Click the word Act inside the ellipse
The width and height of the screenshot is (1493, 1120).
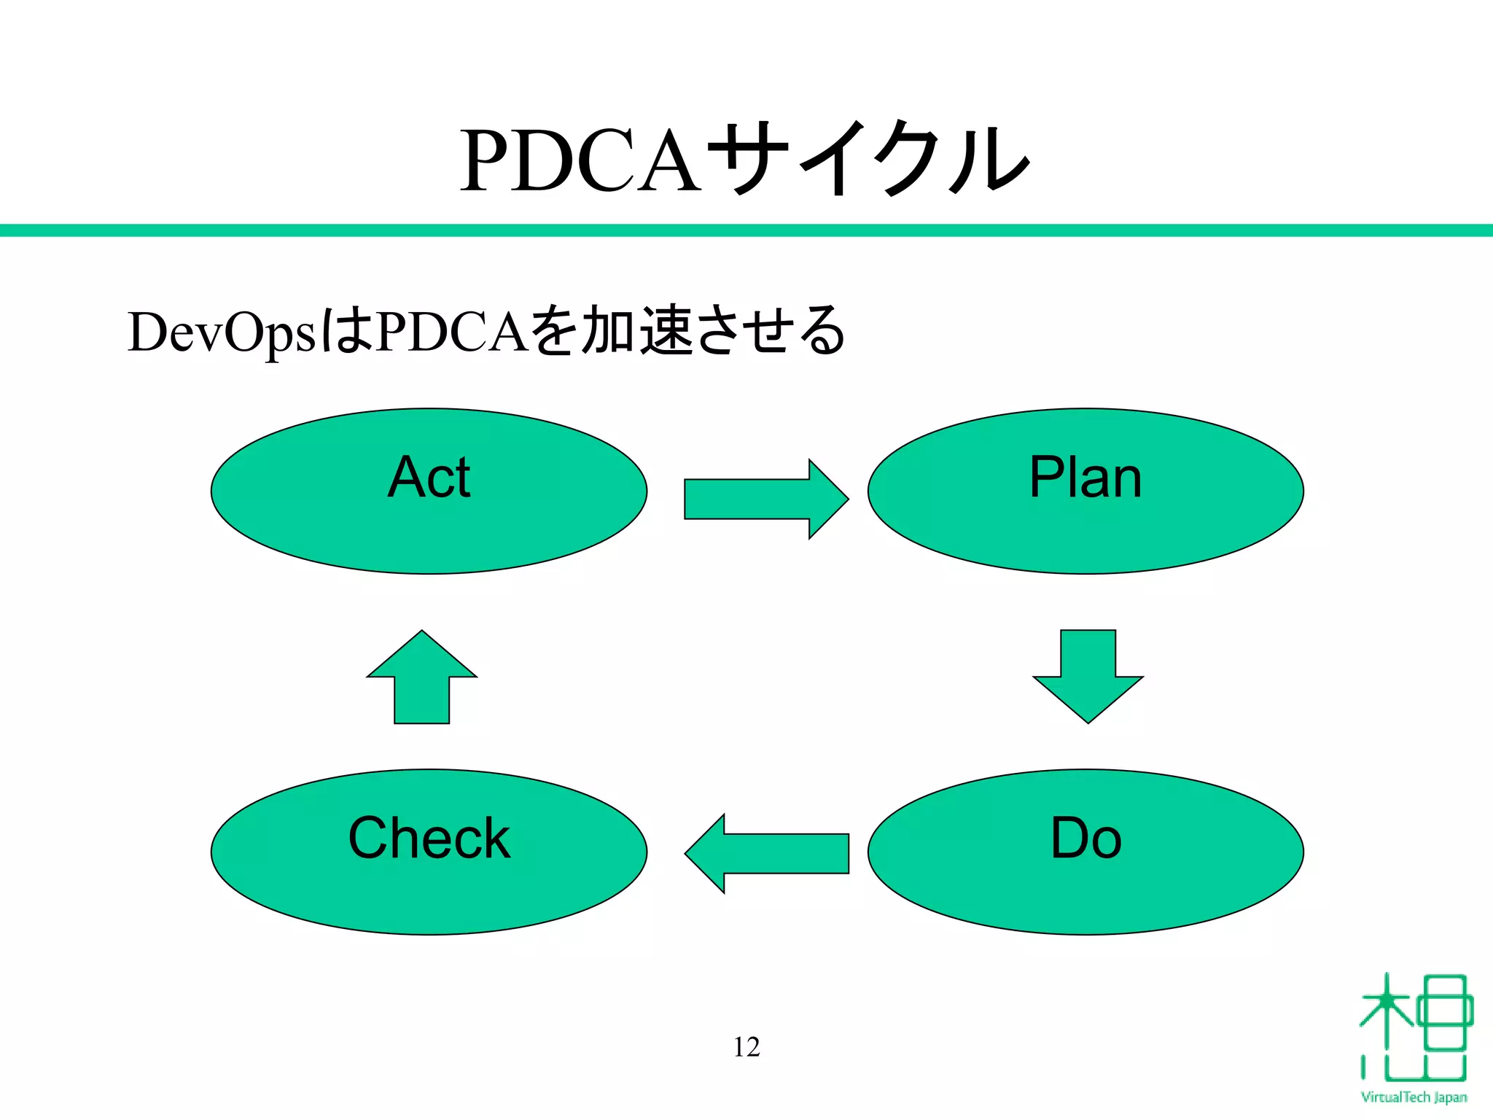(x=429, y=478)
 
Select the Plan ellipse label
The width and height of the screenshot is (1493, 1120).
(x=1085, y=478)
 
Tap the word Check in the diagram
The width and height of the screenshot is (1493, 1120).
(x=429, y=839)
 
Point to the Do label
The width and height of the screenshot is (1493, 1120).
(x=1085, y=839)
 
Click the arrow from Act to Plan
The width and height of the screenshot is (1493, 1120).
(x=765, y=499)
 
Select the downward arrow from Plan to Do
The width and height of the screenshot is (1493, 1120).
(x=1088, y=676)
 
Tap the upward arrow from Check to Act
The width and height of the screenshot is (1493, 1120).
(x=421, y=676)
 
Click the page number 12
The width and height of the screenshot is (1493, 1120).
(x=746, y=1047)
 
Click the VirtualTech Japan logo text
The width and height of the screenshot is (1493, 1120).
(x=1414, y=1097)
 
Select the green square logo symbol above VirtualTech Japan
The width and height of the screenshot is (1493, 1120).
(x=1414, y=1028)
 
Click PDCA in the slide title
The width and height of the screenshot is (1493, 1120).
(x=580, y=162)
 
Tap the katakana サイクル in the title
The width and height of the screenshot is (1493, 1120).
(x=868, y=159)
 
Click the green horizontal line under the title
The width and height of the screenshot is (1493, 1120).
(x=746, y=230)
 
